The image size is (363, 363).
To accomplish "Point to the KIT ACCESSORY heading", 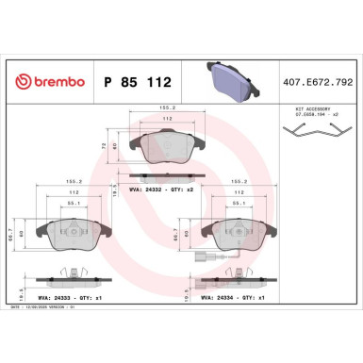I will (x=304, y=110).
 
